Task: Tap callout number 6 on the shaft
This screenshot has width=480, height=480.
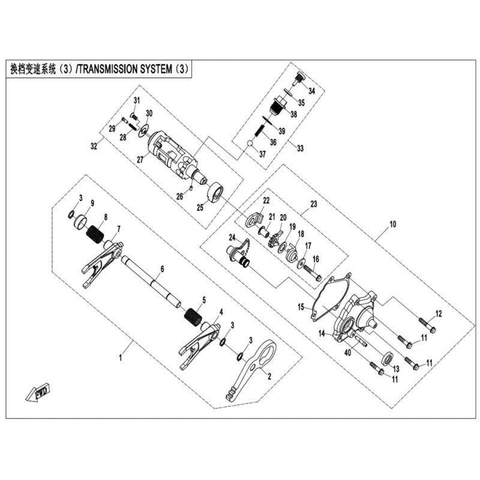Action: (x=161, y=270)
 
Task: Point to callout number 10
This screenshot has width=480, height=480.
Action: (x=393, y=225)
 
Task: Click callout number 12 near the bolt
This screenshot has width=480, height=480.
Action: (x=439, y=313)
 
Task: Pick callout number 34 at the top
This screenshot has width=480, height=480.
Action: (x=311, y=91)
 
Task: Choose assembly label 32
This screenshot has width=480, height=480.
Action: (x=94, y=146)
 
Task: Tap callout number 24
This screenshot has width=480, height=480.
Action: (x=232, y=238)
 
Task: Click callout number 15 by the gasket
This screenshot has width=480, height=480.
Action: (x=301, y=307)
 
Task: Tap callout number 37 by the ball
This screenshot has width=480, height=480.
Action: (x=262, y=154)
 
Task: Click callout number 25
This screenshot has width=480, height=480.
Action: (x=200, y=208)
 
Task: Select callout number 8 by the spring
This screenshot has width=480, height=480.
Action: (x=106, y=217)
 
